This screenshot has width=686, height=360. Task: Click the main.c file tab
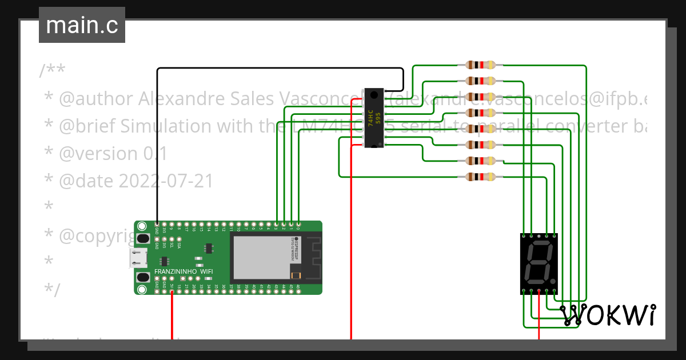82,25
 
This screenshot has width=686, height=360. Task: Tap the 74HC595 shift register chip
374,118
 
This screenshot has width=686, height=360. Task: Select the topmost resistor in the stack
481,65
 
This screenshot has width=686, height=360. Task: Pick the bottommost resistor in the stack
481,177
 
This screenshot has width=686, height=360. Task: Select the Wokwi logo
608,315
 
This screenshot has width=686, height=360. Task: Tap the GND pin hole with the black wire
157,224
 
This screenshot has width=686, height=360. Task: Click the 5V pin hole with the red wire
172,292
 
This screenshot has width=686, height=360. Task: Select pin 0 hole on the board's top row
298,224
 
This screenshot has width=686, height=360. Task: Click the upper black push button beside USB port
143,237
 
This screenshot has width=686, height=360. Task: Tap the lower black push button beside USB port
143,278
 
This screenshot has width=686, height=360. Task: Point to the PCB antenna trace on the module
312,257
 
